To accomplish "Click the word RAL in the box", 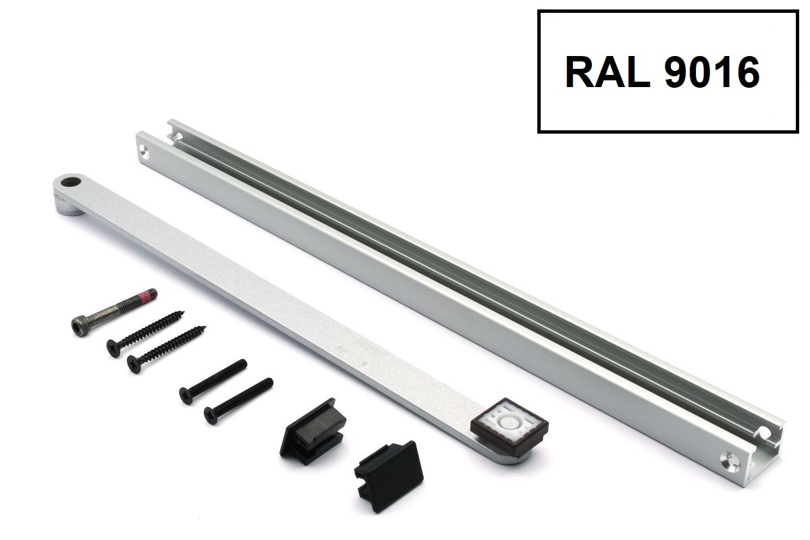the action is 607,72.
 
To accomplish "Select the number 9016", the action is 712,72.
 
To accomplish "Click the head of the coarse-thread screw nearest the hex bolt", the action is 113,348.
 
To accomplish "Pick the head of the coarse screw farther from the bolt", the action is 134,364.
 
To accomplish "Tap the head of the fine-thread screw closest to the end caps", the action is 211,416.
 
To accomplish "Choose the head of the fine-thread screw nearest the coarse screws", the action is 186,396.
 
